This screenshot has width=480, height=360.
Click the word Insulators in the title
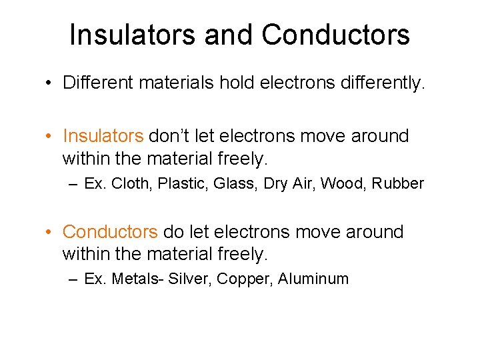point(133,35)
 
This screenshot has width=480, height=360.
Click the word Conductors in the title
point(335,35)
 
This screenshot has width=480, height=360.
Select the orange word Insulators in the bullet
point(103,136)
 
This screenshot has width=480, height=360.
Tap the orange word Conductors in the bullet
point(110,232)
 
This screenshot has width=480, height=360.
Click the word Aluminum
point(313,279)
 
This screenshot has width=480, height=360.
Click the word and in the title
point(232,35)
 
